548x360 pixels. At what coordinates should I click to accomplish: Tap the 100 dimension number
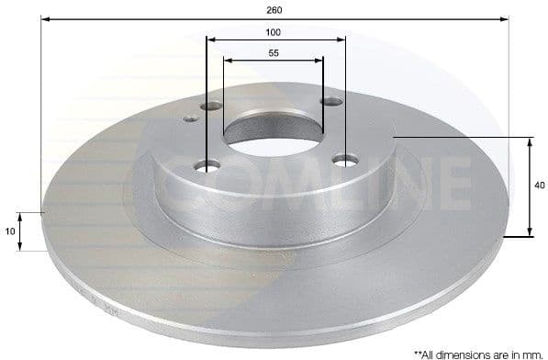[x=274, y=32]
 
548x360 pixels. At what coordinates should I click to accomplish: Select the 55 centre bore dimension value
[x=274, y=53]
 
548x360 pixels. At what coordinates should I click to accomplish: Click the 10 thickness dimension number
[x=10, y=231]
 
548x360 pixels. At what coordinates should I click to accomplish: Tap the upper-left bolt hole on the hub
[x=212, y=107]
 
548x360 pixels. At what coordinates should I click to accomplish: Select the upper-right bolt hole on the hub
[x=332, y=102]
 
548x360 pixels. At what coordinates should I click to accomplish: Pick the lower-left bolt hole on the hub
[x=207, y=166]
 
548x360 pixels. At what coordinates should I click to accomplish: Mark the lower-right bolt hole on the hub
[x=345, y=161]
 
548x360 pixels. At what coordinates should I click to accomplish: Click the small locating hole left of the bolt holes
[x=191, y=118]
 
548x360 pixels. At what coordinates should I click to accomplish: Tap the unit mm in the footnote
[x=532, y=352]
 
